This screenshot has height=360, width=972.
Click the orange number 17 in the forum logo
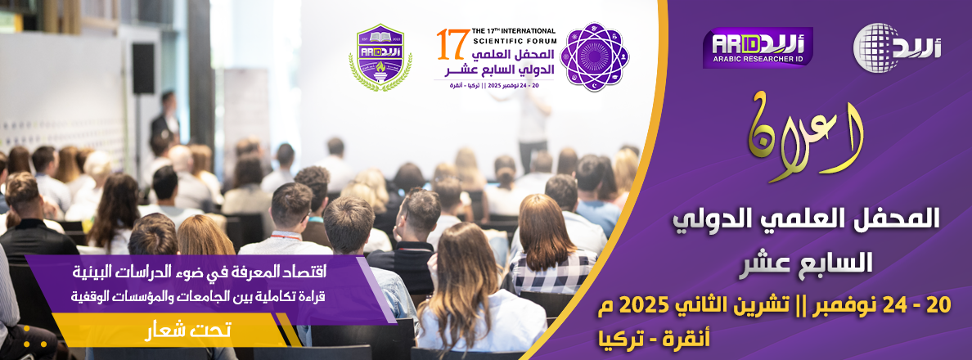(x=448, y=46)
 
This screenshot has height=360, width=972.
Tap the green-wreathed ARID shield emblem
(x=380, y=56)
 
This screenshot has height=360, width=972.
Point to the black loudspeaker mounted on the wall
(x=143, y=68)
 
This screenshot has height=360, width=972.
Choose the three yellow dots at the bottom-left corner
(x=29, y=342)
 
